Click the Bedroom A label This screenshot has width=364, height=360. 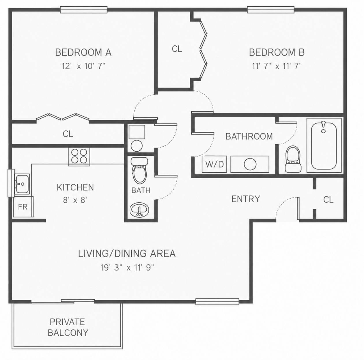pyautogui.click(x=83, y=52)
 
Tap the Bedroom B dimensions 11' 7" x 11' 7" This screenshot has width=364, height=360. pyautogui.click(x=277, y=66)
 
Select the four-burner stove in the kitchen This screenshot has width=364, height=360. pyautogui.click(x=79, y=156)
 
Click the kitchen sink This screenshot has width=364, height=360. pyautogui.click(x=22, y=184)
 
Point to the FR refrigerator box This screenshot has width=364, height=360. pyautogui.click(x=23, y=207)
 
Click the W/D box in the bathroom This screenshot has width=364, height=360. pyautogui.click(x=214, y=164)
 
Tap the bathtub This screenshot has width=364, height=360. pyautogui.click(x=324, y=146)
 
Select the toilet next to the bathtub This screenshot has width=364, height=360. pyautogui.click(x=293, y=159)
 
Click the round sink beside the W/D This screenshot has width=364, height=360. pyautogui.click(x=250, y=164)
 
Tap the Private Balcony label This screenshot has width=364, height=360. pyautogui.click(x=68, y=327)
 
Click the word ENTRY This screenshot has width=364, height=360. pyautogui.click(x=246, y=199)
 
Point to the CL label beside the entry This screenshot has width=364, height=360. pyautogui.click(x=328, y=199)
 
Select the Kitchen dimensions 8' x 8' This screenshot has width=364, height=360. pyautogui.click(x=75, y=200)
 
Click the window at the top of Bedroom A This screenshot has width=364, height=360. pyautogui.click(x=84, y=10)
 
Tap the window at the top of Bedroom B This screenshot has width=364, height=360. pyautogui.click(x=271, y=10)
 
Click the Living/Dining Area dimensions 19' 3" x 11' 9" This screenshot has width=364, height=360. pyautogui.click(x=127, y=268)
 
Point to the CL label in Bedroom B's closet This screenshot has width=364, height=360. pyautogui.click(x=177, y=49)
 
